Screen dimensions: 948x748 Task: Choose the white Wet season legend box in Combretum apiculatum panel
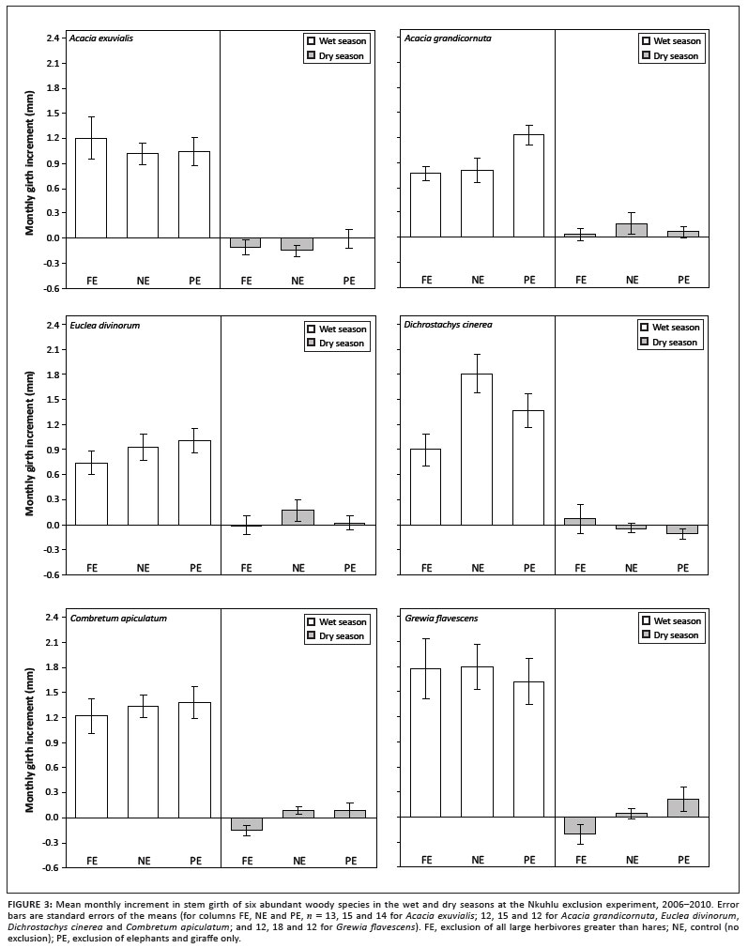click(x=312, y=620)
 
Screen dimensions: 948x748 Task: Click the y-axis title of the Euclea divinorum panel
click(x=29, y=443)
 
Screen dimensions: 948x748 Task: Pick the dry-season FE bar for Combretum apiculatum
click(x=247, y=824)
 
